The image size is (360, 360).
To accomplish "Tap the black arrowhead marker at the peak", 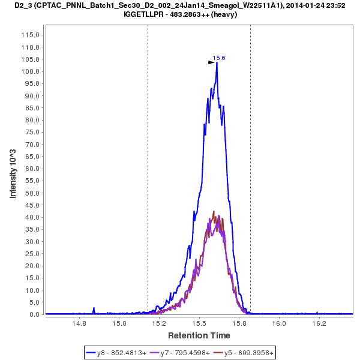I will tap(211, 62).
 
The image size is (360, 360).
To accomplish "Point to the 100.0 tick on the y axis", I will tap(32, 71).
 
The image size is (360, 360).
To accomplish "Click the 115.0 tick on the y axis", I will tap(32, 35).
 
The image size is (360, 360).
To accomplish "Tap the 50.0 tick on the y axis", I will tap(32, 193).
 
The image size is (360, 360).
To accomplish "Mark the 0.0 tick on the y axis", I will tap(35, 314).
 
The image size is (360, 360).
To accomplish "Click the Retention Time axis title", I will tap(199, 335).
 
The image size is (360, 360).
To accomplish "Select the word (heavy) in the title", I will tap(224, 14).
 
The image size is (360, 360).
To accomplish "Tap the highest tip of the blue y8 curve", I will tap(217, 62).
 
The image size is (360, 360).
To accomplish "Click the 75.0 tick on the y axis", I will tap(32, 132).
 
